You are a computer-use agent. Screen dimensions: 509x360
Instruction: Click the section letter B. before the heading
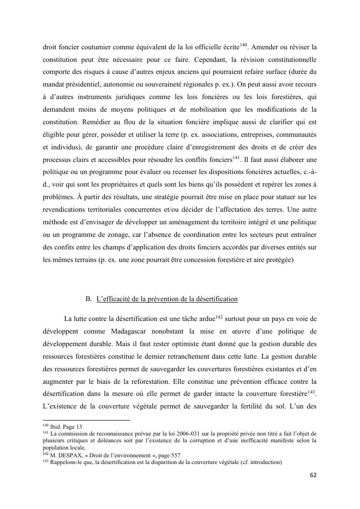coord(89,299)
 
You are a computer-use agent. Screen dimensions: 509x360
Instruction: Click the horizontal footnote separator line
coord(87,420)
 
